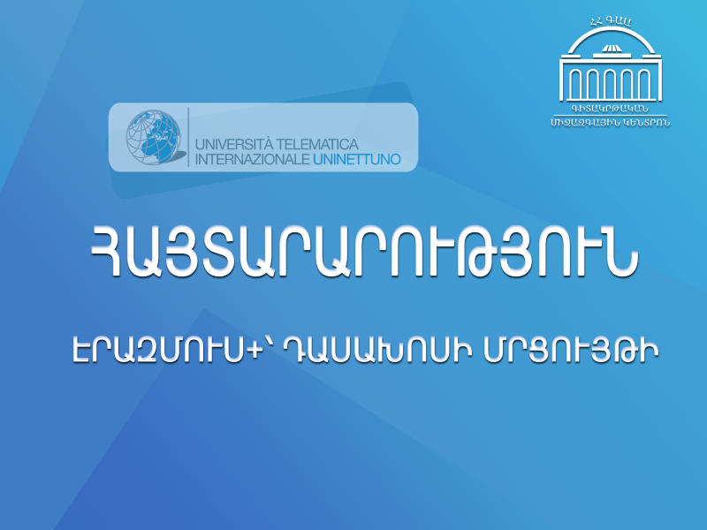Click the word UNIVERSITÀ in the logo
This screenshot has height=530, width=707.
(234, 144)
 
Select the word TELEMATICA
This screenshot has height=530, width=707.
(317, 144)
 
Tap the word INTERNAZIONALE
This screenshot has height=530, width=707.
(252, 159)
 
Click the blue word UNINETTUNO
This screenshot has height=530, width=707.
(357, 159)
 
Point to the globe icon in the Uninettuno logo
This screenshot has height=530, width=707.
(154, 137)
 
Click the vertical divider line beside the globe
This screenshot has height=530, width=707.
(188, 137)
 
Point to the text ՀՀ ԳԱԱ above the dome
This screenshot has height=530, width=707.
(611, 21)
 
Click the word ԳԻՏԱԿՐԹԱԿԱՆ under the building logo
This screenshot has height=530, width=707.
(610, 109)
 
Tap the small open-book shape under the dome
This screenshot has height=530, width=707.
(611, 49)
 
